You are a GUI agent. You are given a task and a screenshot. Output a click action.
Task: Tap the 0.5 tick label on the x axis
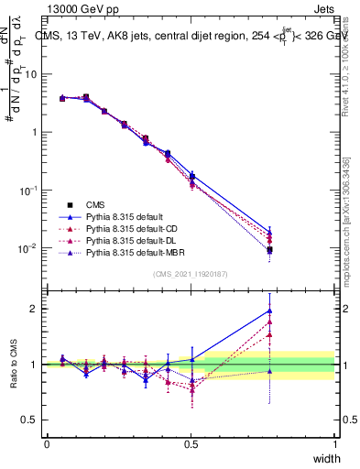(191, 444)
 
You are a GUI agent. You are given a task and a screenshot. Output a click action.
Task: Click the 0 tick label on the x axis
(47, 444)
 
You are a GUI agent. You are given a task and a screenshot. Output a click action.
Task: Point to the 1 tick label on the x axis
(334, 444)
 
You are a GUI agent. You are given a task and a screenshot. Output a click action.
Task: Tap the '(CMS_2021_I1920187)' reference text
(191, 275)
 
